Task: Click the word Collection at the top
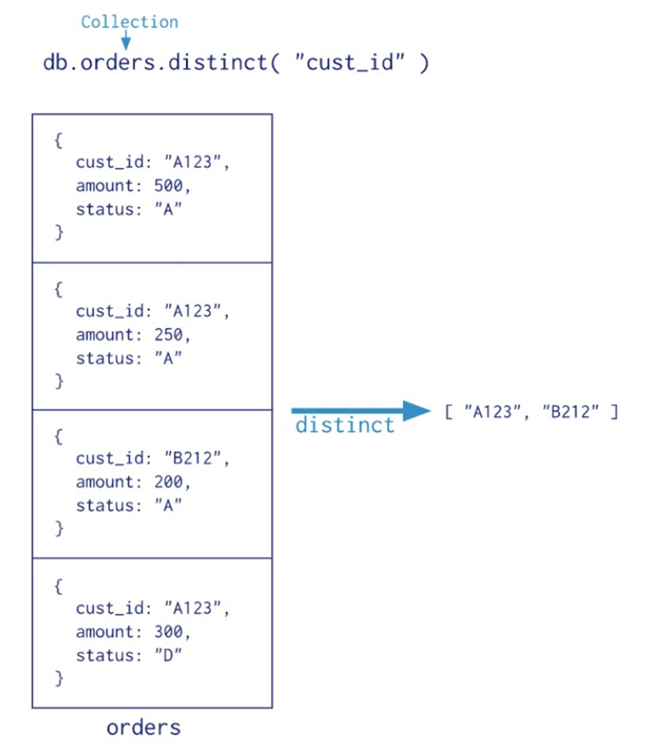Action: click(x=129, y=22)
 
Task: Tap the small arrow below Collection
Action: click(x=126, y=40)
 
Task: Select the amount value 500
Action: click(x=168, y=185)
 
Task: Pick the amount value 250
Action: click(x=168, y=334)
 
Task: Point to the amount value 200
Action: click(x=168, y=481)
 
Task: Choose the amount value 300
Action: click(x=168, y=632)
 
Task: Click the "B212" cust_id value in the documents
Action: click(x=192, y=457)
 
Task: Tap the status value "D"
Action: click(x=168, y=655)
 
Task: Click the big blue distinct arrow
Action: click(x=361, y=411)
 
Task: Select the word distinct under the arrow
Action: click(x=345, y=425)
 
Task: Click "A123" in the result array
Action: click(x=493, y=411)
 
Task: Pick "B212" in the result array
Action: click(x=570, y=411)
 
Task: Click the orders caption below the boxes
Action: click(x=143, y=727)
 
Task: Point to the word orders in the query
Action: click(x=117, y=62)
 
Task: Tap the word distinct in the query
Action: click(x=217, y=62)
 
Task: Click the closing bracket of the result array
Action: click(x=614, y=411)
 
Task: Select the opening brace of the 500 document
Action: click(x=58, y=141)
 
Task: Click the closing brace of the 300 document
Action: click(x=59, y=678)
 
